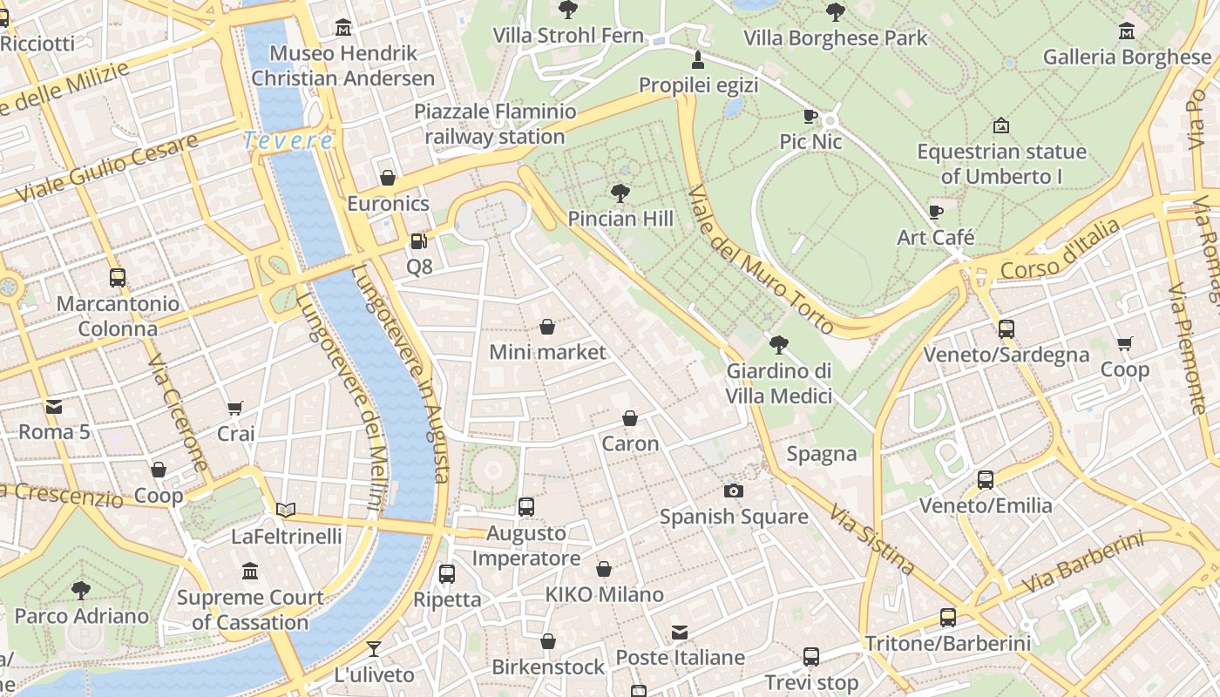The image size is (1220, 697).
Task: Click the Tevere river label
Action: point(288,140)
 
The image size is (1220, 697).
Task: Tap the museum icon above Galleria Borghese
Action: point(1127,31)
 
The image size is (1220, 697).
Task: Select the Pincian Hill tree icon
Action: point(620,193)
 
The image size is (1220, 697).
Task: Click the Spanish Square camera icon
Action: point(734,491)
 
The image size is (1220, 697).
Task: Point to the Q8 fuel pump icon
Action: point(419,241)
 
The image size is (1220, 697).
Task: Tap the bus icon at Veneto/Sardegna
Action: point(1006,329)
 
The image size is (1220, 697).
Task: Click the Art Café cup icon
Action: point(936,212)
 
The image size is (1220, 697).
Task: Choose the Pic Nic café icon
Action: point(810,116)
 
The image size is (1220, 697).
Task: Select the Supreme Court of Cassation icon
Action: point(250,572)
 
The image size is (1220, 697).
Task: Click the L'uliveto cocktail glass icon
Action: point(374,649)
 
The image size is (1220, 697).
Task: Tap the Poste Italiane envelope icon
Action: point(680,632)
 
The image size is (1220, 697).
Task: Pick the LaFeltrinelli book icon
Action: point(286,511)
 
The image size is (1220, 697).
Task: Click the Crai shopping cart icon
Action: point(235,408)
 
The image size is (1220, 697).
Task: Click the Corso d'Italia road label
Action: point(1061,250)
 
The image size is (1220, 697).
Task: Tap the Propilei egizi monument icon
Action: point(697,59)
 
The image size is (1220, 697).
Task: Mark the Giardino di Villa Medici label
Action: point(779,383)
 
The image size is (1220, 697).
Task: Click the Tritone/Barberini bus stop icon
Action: point(948,618)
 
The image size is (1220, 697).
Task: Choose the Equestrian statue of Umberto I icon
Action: point(1001,125)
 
